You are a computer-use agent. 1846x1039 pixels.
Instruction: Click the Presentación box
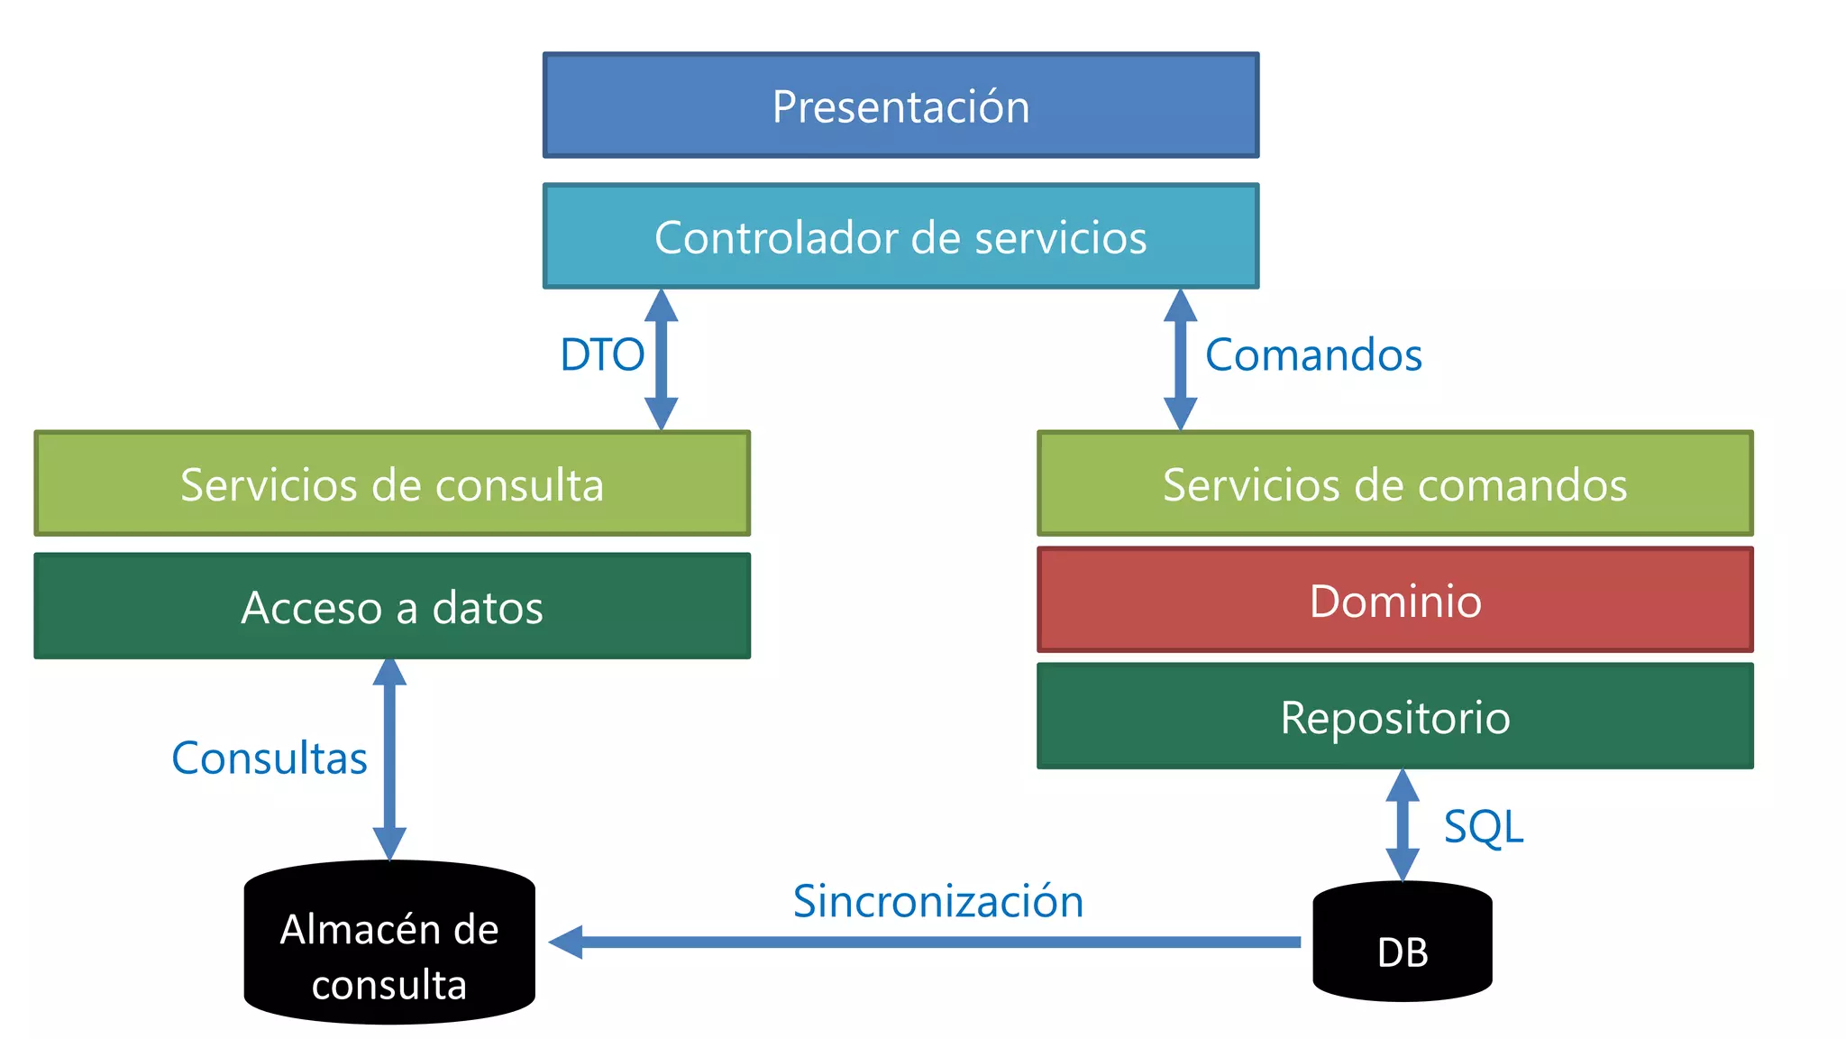(900, 106)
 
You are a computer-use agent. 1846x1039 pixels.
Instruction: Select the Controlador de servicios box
(900, 236)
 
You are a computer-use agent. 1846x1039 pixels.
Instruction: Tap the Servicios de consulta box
(392, 483)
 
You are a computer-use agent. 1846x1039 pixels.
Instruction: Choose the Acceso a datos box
(392, 606)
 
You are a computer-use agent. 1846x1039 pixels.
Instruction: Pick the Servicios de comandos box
(1394, 483)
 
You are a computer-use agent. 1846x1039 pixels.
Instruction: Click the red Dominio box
(1394, 600)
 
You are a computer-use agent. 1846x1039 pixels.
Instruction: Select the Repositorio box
(1394, 716)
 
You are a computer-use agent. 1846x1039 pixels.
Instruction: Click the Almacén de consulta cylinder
(389, 942)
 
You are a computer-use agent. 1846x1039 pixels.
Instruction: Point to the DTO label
(602, 354)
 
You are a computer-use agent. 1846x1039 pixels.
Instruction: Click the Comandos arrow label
(1313, 354)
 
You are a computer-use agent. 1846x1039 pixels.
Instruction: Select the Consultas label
(270, 758)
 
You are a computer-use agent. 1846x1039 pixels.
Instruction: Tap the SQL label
(1483, 826)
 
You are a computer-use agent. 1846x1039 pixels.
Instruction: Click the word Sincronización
(937, 901)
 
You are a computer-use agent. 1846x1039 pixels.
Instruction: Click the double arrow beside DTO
(661, 359)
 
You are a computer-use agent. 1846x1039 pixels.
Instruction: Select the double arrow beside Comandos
(1180, 359)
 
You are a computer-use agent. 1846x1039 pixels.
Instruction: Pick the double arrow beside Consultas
(389, 759)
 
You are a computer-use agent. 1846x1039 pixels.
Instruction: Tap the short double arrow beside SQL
(1402, 824)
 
